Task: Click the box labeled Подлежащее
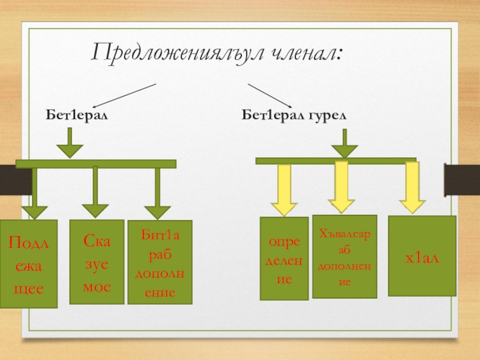[x=29, y=264]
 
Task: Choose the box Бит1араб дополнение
[x=160, y=262]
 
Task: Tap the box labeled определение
[x=284, y=258]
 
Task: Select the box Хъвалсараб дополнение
[x=344, y=256]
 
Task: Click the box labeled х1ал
[x=422, y=256]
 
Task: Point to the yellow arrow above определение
[x=284, y=190]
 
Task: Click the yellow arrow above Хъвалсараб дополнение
[x=341, y=186]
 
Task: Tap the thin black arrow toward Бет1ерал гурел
[x=270, y=96]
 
